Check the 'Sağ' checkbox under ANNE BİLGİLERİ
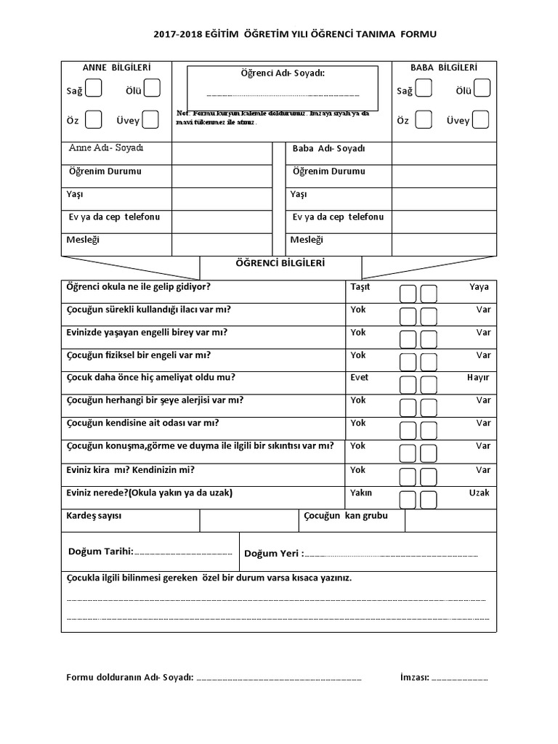coord(94,89)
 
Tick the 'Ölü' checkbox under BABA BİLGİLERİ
coord(482,89)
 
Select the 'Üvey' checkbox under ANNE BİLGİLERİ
coord(150,119)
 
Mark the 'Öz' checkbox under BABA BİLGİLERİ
coord(424,119)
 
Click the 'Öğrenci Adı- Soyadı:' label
coord(282,73)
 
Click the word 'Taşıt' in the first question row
coord(360,287)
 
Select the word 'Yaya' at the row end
coord(479,287)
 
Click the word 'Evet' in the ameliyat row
coord(359,377)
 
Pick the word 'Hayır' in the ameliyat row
coord(478,377)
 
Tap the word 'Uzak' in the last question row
coord(479,493)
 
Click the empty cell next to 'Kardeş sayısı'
coord(248,519)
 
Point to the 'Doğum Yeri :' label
coord(273,554)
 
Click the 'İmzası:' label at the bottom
coord(415,678)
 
